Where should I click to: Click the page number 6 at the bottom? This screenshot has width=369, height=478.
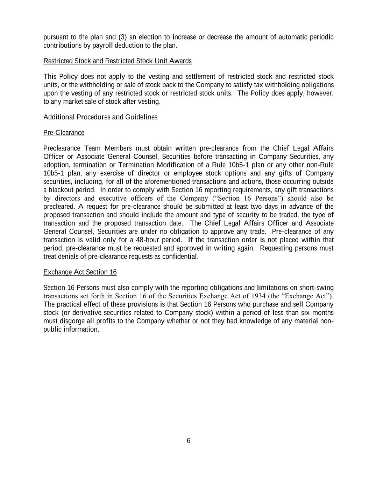click(x=189, y=441)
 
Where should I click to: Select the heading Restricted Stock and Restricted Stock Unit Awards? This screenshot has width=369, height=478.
click(x=118, y=61)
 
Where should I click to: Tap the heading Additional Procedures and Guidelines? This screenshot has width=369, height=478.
click(x=100, y=117)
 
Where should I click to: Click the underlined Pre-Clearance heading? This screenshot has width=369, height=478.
click(x=64, y=133)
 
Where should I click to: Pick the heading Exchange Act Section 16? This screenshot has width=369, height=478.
click(x=80, y=272)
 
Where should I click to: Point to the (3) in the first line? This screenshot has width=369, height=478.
click(x=122, y=37)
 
